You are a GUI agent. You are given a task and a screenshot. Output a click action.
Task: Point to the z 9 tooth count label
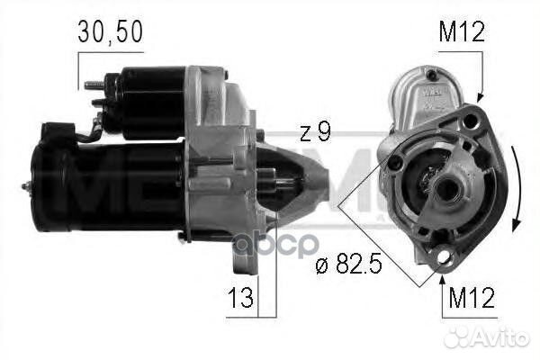pyautogui.click(x=315, y=132)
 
